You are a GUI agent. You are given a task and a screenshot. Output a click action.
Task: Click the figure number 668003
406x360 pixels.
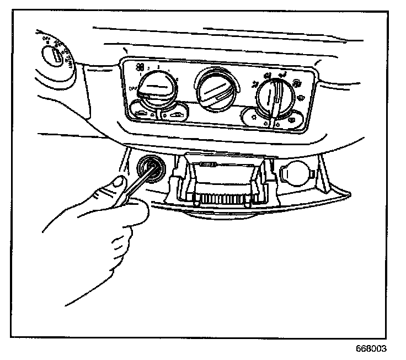371,349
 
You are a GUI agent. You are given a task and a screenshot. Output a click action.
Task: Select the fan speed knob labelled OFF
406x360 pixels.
156,89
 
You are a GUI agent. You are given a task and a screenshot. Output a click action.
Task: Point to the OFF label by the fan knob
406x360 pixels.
131,88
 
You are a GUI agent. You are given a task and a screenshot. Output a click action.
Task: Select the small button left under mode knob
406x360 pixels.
254,117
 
